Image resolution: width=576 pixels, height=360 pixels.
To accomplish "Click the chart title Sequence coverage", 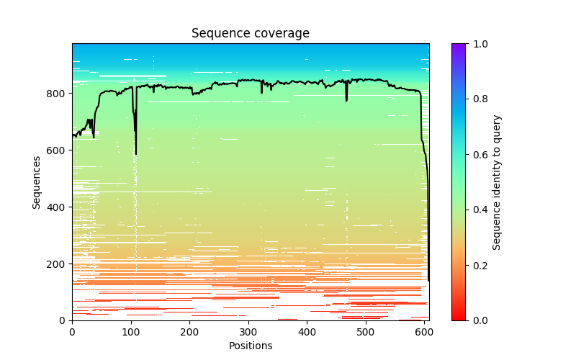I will (250, 34).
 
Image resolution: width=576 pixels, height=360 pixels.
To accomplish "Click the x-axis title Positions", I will (250, 346).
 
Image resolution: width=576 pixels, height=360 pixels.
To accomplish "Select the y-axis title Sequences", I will (36, 181).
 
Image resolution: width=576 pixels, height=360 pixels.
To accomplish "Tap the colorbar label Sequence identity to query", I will (497, 181).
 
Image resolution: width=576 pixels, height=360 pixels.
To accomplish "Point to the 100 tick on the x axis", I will (131, 320).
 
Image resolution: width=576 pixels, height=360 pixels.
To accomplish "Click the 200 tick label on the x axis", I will (189, 332).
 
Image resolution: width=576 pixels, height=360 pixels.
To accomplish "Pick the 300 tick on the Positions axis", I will (248, 320).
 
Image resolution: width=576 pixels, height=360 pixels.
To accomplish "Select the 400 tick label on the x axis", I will (307, 332).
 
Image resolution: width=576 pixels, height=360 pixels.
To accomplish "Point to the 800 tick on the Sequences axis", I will (72, 94).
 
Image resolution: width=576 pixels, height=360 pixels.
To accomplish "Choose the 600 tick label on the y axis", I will (58, 150).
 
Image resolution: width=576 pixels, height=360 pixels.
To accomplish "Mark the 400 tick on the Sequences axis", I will (72, 207).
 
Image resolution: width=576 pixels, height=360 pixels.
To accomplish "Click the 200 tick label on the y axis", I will (58, 264).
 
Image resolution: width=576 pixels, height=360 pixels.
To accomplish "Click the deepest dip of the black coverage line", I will (135, 154).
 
